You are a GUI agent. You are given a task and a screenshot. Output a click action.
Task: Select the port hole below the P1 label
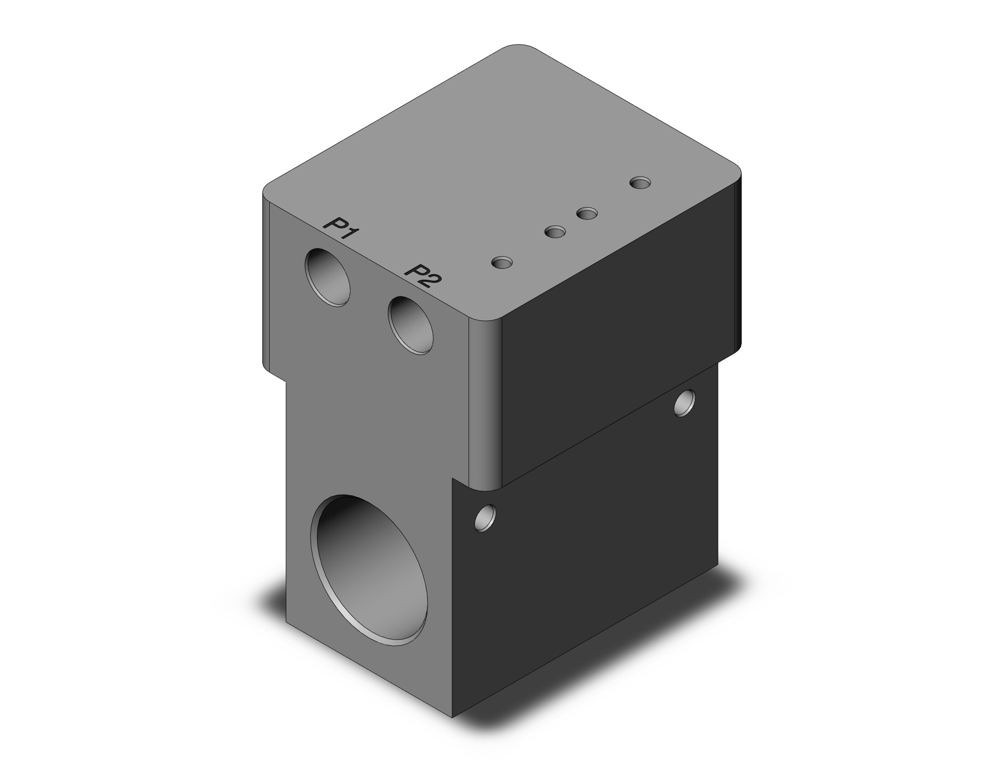328,278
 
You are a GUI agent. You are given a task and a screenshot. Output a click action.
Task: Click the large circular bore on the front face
369,570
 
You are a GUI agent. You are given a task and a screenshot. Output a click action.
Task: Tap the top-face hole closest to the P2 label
502,262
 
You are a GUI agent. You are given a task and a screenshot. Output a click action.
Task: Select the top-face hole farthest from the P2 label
640,183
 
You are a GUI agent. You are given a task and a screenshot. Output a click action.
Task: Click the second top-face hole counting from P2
555,232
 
